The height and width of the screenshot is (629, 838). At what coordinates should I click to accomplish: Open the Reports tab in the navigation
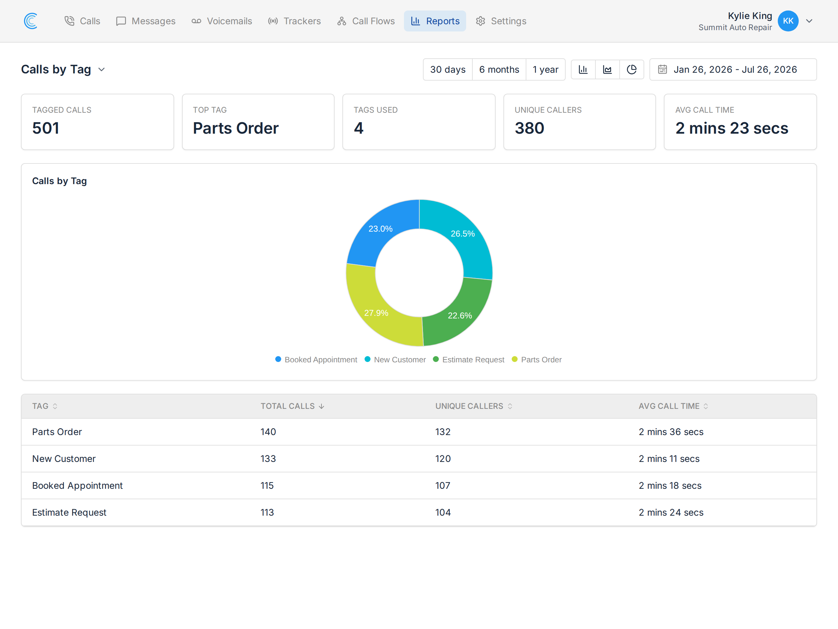(x=435, y=21)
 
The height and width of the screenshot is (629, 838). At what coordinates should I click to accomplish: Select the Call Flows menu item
(x=366, y=21)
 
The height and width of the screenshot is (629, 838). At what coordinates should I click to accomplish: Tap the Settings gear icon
(x=480, y=21)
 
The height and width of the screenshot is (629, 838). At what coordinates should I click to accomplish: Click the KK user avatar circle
(x=788, y=21)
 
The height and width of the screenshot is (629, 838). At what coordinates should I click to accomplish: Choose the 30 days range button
(x=448, y=69)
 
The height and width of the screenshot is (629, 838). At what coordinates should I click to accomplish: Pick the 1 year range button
(x=546, y=69)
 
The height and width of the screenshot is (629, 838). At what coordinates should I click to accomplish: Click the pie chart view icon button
(x=631, y=69)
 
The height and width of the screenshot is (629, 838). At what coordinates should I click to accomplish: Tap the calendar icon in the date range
(x=662, y=69)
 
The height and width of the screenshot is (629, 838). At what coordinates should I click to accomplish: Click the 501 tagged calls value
(x=46, y=128)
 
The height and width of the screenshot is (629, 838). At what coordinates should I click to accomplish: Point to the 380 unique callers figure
(x=529, y=128)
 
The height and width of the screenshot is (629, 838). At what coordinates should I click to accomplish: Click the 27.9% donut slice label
(x=376, y=313)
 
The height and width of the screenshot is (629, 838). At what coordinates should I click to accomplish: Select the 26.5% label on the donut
(x=463, y=234)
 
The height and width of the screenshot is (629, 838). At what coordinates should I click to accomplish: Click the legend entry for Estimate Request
(x=469, y=359)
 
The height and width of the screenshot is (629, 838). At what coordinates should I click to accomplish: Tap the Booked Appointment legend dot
(x=278, y=359)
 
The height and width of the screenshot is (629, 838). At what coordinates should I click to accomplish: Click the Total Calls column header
(x=292, y=406)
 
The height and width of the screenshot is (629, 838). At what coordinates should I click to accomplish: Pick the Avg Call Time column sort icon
(x=706, y=406)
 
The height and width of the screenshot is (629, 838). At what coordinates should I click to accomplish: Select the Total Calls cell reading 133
(x=268, y=459)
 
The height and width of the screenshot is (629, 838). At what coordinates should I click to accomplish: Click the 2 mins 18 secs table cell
(x=670, y=486)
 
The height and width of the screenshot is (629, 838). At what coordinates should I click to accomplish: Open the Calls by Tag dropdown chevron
(x=101, y=69)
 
